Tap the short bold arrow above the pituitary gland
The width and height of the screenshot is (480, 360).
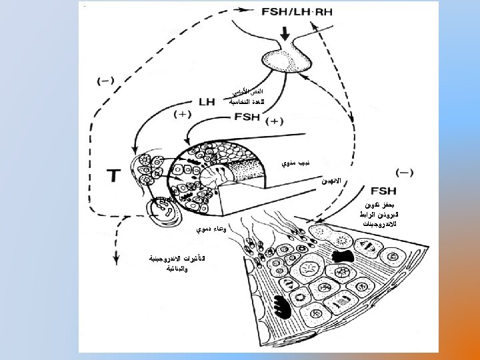tap(285, 33)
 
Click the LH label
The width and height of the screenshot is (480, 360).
tap(205, 101)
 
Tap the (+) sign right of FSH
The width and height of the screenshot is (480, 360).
tap(275, 121)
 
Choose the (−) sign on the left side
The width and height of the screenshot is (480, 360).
tap(105, 81)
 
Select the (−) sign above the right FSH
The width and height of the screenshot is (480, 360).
tap(404, 171)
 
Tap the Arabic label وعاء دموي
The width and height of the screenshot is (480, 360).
tap(211, 229)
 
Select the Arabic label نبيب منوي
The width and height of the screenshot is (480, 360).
tap(294, 163)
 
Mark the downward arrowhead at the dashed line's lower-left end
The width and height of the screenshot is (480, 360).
tap(117, 241)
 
